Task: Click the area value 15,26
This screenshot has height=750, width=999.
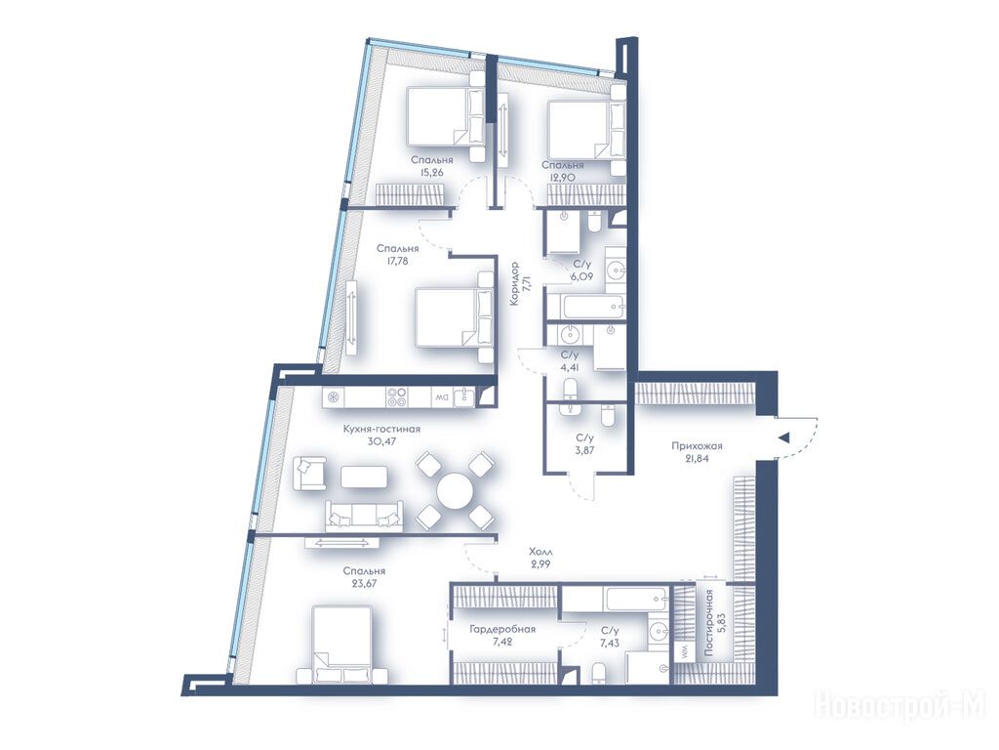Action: coord(432,172)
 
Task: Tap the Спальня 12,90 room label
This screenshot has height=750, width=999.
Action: coord(563,171)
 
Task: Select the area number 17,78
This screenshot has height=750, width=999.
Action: coord(398,260)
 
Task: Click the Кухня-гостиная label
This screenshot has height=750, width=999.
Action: coord(381,430)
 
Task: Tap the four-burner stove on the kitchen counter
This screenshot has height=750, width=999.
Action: coord(398,397)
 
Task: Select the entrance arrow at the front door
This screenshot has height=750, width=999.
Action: coord(784,437)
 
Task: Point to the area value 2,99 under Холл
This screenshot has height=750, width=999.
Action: coord(540,563)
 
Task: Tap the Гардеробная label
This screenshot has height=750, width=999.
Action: coord(502,630)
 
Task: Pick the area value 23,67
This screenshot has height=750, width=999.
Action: coord(363,583)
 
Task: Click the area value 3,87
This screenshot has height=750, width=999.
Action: coord(585,450)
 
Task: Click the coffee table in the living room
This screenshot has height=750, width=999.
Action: coord(364,477)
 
